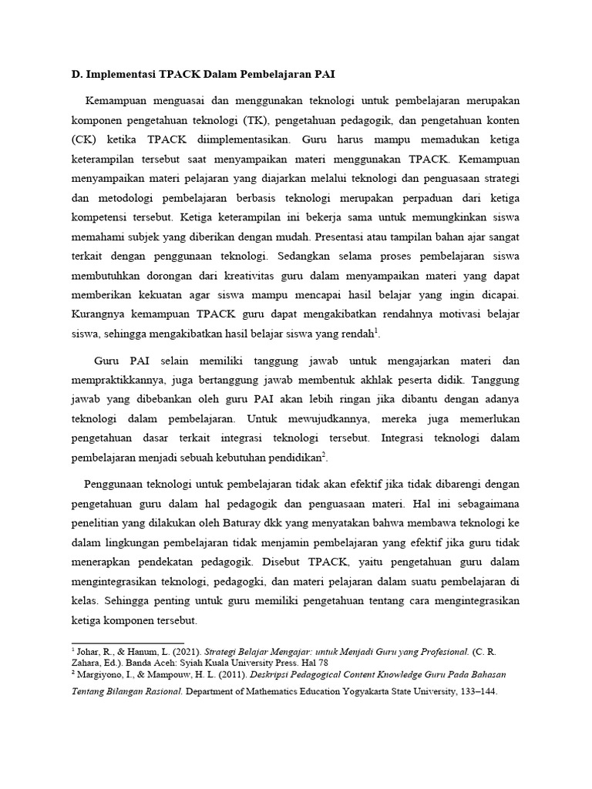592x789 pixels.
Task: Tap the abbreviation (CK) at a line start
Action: point(83,142)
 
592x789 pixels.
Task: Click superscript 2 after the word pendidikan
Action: point(325,455)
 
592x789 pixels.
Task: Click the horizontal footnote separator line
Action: point(127,643)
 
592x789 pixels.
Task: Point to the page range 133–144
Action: point(475,692)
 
